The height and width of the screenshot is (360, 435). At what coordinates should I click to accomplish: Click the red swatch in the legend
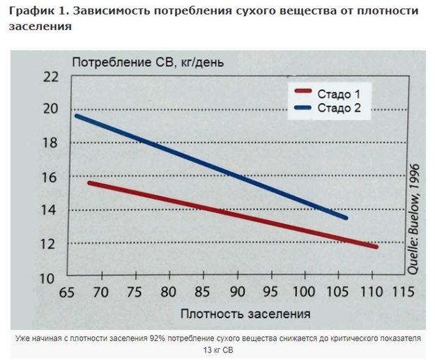pyautogui.click(x=301, y=91)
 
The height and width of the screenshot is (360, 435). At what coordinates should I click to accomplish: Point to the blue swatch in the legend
pyautogui.click(x=301, y=107)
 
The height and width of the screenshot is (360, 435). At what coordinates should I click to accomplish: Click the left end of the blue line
pyautogui.click(x=76, y=115)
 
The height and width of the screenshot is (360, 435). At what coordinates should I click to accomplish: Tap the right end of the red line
pyautogui.click(x=376, y=247)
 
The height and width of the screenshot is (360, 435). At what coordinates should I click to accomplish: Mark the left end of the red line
pyautogui.click(x=89, y=182)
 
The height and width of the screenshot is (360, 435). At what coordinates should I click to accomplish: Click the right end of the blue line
pyautogui.click(x=346, y=218)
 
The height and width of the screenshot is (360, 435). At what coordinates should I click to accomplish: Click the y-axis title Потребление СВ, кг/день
pyautogui.click(x=148, y=62)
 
